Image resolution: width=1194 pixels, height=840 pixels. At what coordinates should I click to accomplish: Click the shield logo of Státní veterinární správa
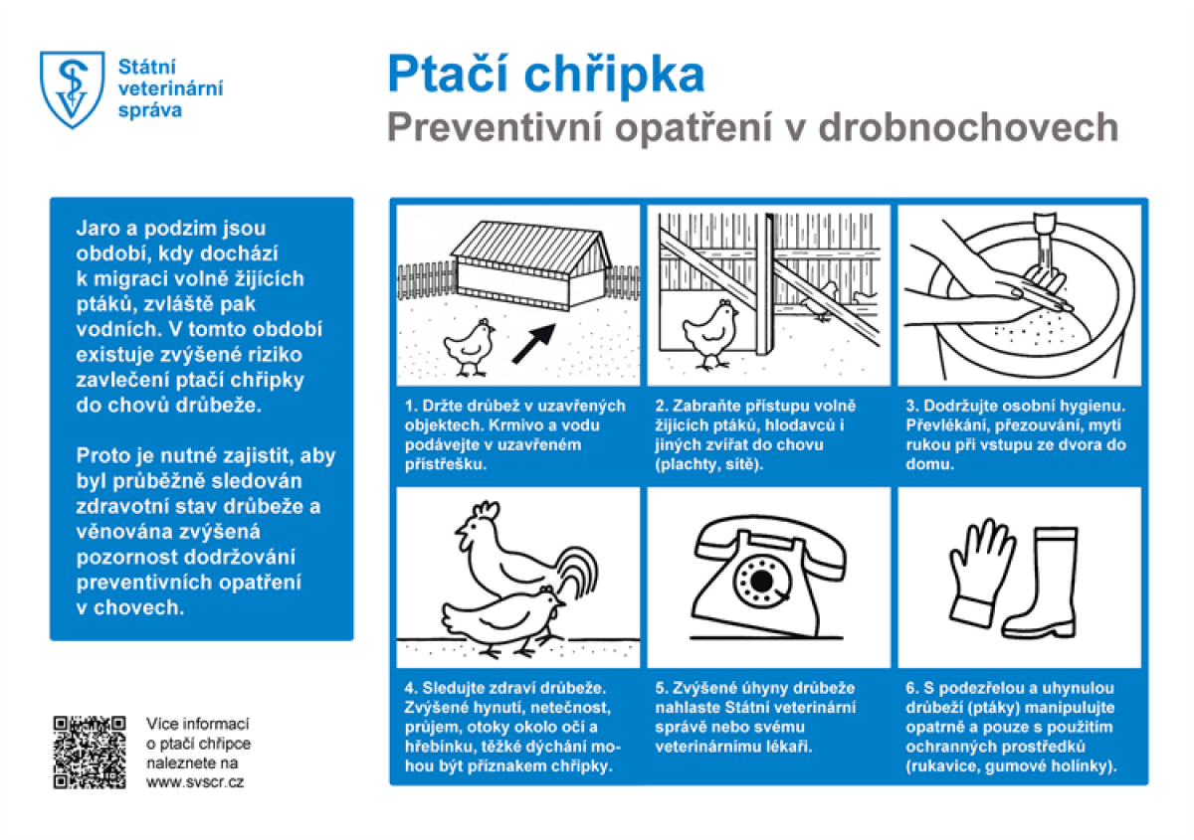click(x=72, y=89)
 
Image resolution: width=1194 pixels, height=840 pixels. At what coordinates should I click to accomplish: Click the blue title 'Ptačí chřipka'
click(x=545, y=75)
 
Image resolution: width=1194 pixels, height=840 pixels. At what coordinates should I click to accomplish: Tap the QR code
click(x=90, y=752)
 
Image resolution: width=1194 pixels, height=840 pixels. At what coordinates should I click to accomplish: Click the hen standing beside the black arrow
click(x=470, y=343)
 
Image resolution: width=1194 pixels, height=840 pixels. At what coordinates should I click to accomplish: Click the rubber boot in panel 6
click(x=1053, y=587)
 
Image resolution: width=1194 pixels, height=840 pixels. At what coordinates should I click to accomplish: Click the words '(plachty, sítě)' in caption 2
click(x=708, y=464)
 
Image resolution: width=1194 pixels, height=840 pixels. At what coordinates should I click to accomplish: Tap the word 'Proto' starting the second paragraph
click(x=103, y=456)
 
